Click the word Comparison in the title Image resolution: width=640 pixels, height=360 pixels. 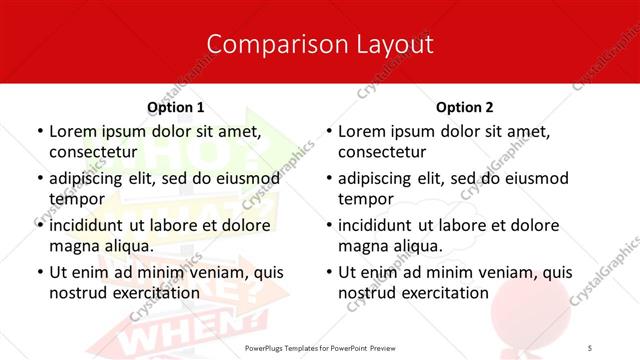point(262,44)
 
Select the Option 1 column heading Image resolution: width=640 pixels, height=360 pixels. point(176,107)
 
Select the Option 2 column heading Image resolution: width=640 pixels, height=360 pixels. point(465,107)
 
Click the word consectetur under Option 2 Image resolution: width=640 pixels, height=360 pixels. point(381,151)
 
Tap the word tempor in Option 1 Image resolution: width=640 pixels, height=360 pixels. point(74,198)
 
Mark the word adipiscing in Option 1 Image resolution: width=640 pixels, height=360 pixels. point(91,178)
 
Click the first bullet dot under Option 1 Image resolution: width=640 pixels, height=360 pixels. point(38,131)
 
